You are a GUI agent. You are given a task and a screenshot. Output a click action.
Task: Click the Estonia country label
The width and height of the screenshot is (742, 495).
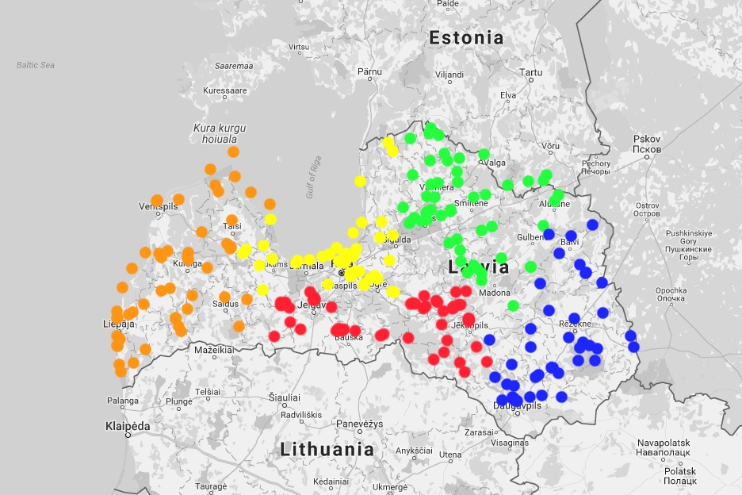[x=465, y=37]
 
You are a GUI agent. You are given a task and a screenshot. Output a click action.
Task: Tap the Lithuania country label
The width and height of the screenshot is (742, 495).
[x=327, y=449]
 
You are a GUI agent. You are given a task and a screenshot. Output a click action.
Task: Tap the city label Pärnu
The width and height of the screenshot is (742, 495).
[x=369, y=71]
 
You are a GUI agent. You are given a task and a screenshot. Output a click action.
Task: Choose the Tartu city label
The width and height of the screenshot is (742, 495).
[x=531, y=73]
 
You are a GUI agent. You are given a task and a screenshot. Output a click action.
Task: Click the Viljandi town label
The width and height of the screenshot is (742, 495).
[x=449, y=75]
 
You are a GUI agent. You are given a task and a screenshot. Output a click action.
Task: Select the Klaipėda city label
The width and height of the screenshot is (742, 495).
[x=128, y=426]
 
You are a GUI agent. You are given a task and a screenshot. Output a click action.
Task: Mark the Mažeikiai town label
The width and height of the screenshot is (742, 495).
[x=214, y=349]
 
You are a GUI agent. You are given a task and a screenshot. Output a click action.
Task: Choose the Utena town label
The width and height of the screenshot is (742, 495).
[x=450, y=455]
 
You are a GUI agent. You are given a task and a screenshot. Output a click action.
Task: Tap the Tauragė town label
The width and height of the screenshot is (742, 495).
[x=211, y=486]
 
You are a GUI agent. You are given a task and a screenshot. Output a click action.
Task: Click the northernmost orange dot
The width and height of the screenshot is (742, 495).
[x=233, y=152]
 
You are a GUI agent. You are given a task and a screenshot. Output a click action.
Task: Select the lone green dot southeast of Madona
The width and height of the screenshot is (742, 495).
[x=514, y=305]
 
